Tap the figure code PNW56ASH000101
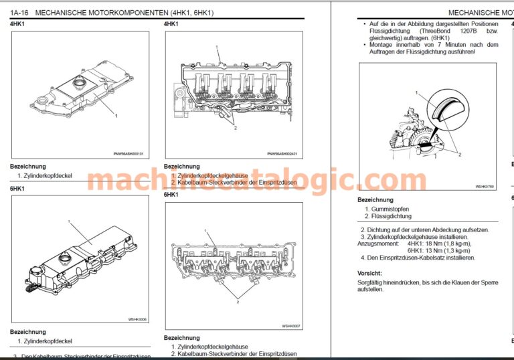tap(128, 153)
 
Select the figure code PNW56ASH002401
tap(282, 153)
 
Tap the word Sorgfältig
tap(372, 283)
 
